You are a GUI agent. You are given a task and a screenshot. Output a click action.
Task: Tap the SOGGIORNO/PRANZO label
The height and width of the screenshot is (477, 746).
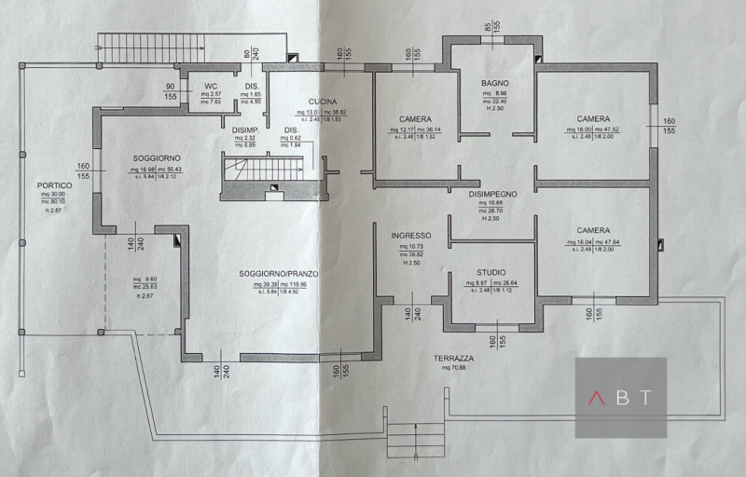point(279,273)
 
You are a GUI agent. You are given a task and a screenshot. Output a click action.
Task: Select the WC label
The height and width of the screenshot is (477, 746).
point(211,87)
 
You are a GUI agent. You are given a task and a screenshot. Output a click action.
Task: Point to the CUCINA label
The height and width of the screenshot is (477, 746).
point(324,102)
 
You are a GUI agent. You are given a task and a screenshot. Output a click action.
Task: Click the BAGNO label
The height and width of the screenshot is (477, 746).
point(493,83)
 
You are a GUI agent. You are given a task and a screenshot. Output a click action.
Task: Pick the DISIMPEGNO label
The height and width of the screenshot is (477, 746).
point(493,192)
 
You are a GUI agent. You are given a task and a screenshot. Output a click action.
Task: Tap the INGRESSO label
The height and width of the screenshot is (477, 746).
point(410,235)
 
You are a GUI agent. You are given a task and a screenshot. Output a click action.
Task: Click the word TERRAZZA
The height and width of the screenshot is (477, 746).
point(453,358)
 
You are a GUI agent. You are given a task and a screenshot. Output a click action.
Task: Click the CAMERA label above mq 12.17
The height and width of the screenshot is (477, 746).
point(415,118)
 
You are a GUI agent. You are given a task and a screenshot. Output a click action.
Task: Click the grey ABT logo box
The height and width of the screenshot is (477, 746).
point(620,397)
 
